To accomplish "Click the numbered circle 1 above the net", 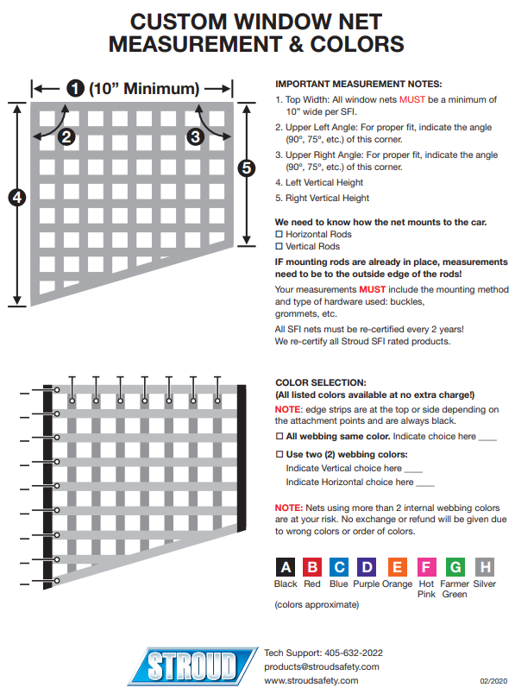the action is click(x=75, y=88).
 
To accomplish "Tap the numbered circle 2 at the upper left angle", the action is click(x=66, y=136).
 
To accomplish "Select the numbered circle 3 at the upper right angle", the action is click(x=195, y=136).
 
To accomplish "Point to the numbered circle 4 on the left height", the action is click(x=17, y=198).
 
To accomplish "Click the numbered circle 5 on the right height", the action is click(x=247, y=168).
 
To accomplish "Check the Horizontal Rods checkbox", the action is click(x=279, y=234).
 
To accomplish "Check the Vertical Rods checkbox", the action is click(x=279, y=246).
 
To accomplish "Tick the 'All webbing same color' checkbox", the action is click(x=279, y=437).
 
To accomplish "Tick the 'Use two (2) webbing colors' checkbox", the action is click(x=279, y=454).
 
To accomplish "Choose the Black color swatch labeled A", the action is click(x=286, y=567).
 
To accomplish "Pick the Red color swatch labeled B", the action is click(x=312, y=567).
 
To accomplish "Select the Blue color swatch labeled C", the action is click(x=339, y=567).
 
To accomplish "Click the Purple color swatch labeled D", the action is click(x=367, y=567).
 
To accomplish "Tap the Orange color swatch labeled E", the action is click(x=398, y=567).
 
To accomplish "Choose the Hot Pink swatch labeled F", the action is click(x=426, y=567).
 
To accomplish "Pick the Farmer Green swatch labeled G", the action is click(x=455, y=567).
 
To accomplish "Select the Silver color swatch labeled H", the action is click(x=485, y=567).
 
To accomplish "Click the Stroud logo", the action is click(x=192, y=666).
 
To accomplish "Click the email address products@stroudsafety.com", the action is click(x=322, y=667).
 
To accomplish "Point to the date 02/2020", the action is click(x=493, y=681).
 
